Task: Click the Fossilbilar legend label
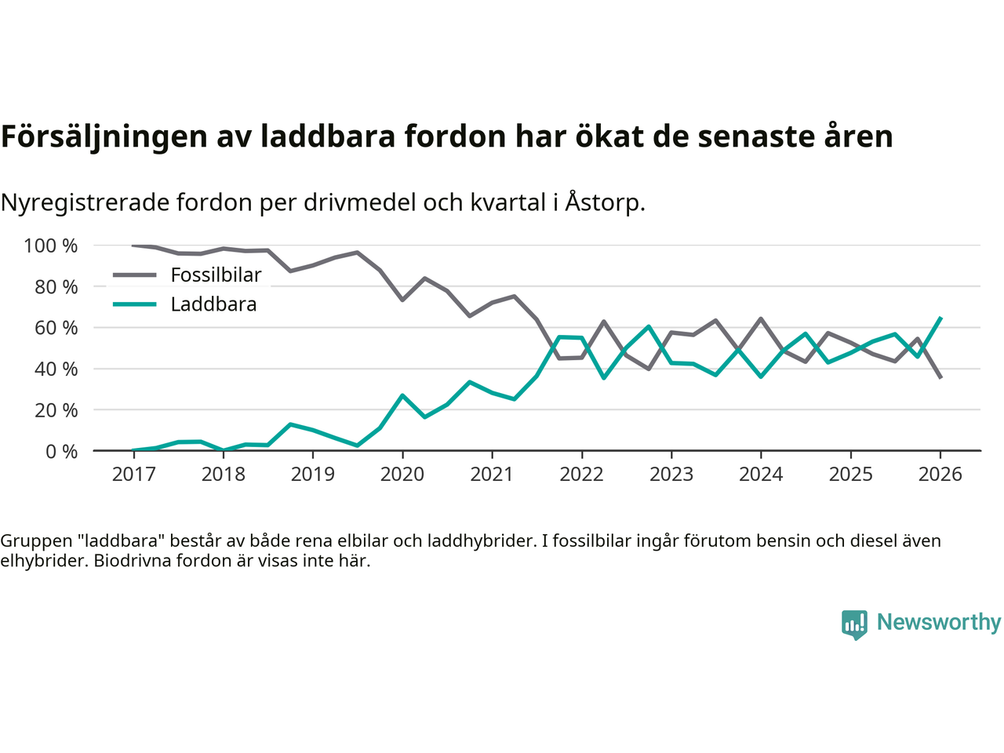click(216, 275)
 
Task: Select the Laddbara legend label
click(213, 304)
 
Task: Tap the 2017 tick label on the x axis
click(133, 474)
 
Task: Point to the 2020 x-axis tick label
click(402, 474)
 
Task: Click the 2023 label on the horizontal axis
click(671, 474)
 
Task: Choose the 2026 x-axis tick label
click(940, 474)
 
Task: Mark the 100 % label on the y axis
click(51, 246)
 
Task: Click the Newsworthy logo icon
click(854, 624)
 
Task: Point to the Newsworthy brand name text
click(939, 622)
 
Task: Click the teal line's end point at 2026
click(940, 318)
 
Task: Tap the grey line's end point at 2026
click(940, 378)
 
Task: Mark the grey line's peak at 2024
click(761, 318)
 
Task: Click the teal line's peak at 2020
click(402, 395)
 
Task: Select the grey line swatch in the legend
click(135, 275)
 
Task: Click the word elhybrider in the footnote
click(39, 561)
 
